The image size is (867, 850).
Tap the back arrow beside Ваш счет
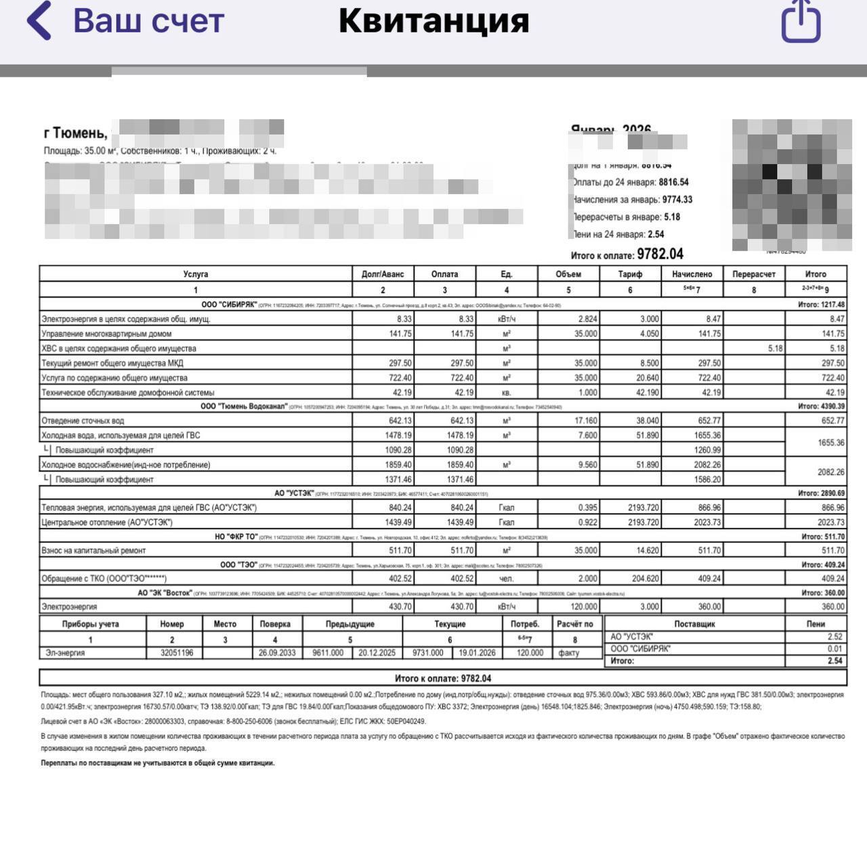(39, 20)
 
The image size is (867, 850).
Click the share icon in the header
(801, 21)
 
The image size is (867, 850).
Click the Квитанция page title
(433, 20)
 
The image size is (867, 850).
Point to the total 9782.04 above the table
(660, 254)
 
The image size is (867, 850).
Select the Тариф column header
(630, 274)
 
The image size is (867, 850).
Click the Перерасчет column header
(754, 274)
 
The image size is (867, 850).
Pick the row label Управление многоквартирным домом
(106, 334)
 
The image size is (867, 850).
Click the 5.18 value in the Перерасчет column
(776, 349)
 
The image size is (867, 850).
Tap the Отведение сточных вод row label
(83, 421)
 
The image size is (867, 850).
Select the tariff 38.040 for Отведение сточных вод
(647, 421)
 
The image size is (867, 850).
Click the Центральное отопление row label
(107, 522)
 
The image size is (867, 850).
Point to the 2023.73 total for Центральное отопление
(830, 522)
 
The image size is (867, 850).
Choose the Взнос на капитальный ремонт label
(93, 551)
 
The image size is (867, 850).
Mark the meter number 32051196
(177, 653)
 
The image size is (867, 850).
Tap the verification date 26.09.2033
(277, 653)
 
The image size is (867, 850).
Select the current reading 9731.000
(427, 653)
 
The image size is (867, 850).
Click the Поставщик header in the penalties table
(694, 624)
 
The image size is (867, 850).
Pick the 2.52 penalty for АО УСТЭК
(834, 637)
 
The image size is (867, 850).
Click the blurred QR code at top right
(791, 185)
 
